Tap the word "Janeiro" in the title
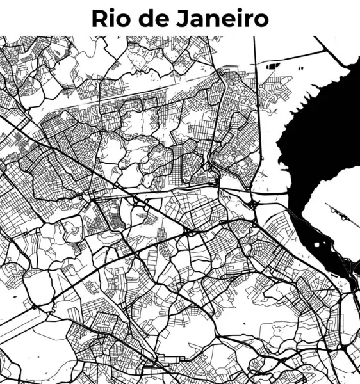coord(222,18)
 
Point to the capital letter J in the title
coord(183,18)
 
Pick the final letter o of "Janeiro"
coord(261,20)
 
